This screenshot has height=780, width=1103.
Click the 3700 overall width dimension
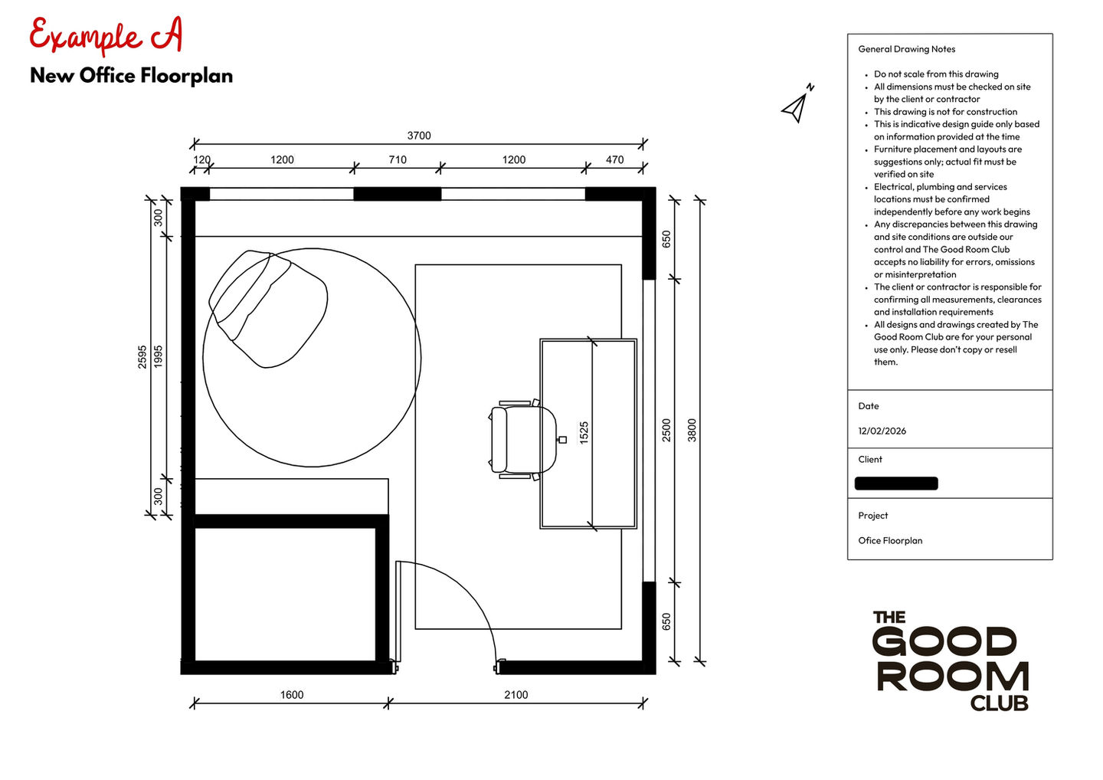tap(419, 136)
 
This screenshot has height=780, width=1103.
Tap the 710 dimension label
tap(398, 159)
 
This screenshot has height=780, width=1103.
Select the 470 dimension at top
tap(614, 159)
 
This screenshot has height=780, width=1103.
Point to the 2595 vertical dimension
tap(142, 356)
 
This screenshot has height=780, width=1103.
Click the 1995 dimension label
tap(158, 356)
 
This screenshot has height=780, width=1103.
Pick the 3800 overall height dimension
tap(692, 431)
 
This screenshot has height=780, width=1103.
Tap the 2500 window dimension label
tap(666, 431)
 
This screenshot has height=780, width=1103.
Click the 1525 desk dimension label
tap(584, 433)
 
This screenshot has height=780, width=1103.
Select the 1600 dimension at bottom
tap(292, 695)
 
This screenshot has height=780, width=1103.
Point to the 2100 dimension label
tap(516, 695)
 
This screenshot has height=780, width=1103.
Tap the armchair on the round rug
tap(268, 308)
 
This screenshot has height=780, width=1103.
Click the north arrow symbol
tap(797, 104)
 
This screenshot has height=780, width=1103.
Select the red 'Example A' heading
tap(106, 34)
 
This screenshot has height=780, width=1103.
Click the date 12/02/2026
tap(882, 431)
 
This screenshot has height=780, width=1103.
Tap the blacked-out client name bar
tap(896, 483)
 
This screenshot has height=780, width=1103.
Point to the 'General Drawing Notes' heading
tap(907, 49)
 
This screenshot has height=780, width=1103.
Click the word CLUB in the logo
tap(999, 703)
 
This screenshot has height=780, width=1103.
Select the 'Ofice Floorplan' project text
tap(890, 541)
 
